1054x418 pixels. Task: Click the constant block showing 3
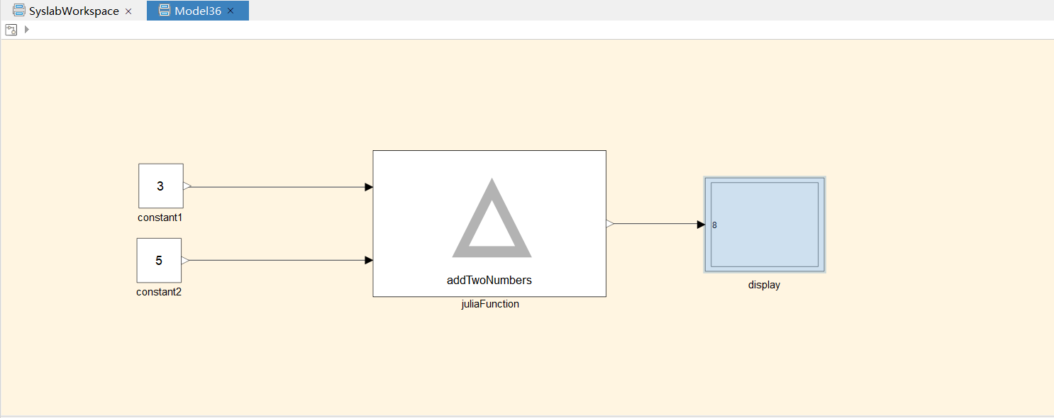point(161,186)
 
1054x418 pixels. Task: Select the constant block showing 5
point(159,260)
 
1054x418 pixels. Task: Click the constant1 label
point(160,218)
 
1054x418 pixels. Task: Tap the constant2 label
point(159,292)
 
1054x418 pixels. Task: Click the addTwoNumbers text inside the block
point(489,281)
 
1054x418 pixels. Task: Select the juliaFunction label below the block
point(490,304)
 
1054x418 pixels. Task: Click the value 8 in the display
point(714,225)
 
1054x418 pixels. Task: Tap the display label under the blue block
point(764,285)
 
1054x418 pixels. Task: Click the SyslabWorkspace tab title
point(74,11)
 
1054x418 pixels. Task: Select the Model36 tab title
point(198,11)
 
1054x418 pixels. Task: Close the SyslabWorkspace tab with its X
point(128,11)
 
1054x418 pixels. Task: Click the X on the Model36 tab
point(231,11)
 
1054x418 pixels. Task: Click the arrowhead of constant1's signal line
point(369,187)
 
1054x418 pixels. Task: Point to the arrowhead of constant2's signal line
point(369,260)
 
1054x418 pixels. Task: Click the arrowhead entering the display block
point(701,225)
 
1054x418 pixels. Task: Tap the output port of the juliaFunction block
point(610,224)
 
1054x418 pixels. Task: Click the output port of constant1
point(187,186)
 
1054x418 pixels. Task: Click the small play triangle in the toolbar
point(27,29)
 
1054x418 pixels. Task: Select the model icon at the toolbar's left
point(11,30)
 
